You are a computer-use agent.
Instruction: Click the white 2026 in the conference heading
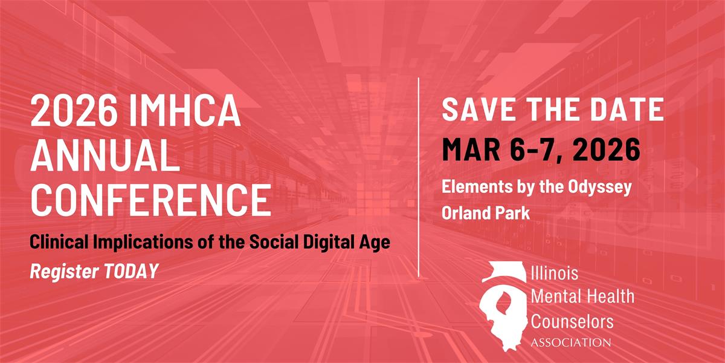click(x=74, y=110)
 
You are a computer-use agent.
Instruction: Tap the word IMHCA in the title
click(x=185, y=110)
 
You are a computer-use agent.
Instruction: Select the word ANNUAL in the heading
click(x=105, y=155)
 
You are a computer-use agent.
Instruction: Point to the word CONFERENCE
click(x=151, y=200)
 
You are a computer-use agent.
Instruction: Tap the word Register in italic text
click(x=65, y=272)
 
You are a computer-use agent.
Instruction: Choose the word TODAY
click(x=131, y=271)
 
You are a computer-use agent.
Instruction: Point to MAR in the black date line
click(x=471, y=149)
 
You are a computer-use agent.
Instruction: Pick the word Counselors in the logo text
click(x=572, y=321)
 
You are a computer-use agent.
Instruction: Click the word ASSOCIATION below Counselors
click(x=571, y=342)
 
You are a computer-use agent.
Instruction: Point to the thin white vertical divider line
click(x=419, y=177)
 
